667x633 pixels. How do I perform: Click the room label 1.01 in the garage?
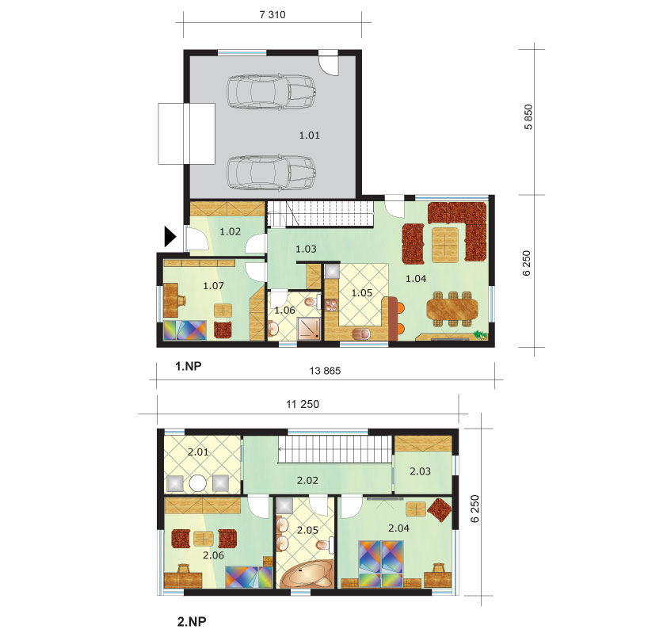[309, 135]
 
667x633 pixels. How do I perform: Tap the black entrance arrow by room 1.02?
[170, 237]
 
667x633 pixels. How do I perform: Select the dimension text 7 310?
[273, 14]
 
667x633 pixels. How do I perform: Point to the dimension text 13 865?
[325, 371]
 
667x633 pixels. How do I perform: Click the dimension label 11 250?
[303, 404]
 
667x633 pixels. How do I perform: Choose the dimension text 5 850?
[528, 117]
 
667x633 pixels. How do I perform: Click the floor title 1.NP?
[189, 366]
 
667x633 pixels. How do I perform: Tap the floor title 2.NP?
[192, 622]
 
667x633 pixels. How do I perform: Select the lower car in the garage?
[271, 172]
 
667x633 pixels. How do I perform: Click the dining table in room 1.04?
[452, 309]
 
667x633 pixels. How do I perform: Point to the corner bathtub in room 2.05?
[307, 574]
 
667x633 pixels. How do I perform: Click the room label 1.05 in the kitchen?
[361, 292]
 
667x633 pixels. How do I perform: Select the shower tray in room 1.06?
[309, 329]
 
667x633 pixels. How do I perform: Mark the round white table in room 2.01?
[198, 484]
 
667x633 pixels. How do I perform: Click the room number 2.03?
[420, 471]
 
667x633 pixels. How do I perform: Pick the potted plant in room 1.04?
[481, 335]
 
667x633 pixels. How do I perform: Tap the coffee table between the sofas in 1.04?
[445, 245]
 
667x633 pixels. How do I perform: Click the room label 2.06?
[213, 555]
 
